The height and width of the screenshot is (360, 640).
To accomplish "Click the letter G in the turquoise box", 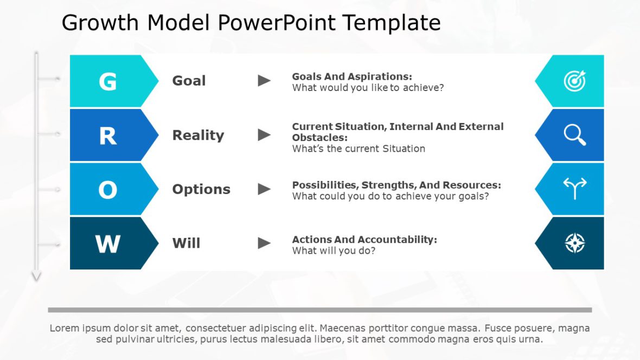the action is pos(108,81).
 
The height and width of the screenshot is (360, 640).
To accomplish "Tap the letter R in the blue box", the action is pos(108,136).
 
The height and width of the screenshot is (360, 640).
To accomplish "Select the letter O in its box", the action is pos(108,190).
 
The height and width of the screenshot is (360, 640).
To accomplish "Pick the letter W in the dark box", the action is pos(108,244).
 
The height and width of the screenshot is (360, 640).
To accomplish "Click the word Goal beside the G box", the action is pos(189,81).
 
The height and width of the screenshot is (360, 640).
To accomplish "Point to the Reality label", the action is pos(199,136).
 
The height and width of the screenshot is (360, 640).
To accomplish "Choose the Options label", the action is pos(201,189).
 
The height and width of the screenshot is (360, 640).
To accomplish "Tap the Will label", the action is pos(186,243).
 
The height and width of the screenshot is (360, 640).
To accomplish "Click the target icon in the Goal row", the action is pos(575,80).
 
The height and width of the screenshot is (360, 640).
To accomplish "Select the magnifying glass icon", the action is pos(575,134).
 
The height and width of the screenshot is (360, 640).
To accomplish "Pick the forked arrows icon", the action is pos(575,189).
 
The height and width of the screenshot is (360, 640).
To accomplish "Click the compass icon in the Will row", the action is pos(575,243).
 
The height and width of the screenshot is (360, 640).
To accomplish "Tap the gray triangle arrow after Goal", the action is pos(264,81).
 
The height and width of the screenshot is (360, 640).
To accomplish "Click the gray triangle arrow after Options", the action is pos(264,189).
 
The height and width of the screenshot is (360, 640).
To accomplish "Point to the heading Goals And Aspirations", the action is pos(352,76).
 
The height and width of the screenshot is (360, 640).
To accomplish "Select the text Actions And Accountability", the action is pos(364,240).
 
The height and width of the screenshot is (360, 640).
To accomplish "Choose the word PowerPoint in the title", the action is pos(277,22).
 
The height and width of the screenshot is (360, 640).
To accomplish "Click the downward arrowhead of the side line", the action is pos(36,277).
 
